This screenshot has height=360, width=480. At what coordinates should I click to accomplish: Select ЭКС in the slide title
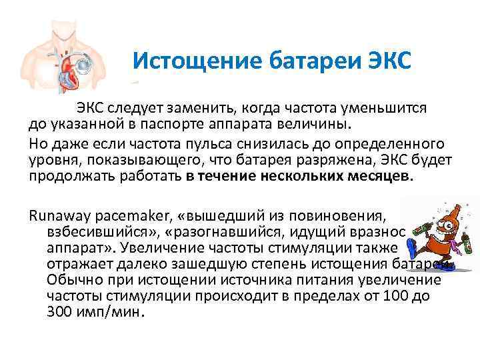pyautogui.click(x=391, y=61)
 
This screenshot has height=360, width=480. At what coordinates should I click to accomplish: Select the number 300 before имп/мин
pyautogui.click(x=61, y=312)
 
